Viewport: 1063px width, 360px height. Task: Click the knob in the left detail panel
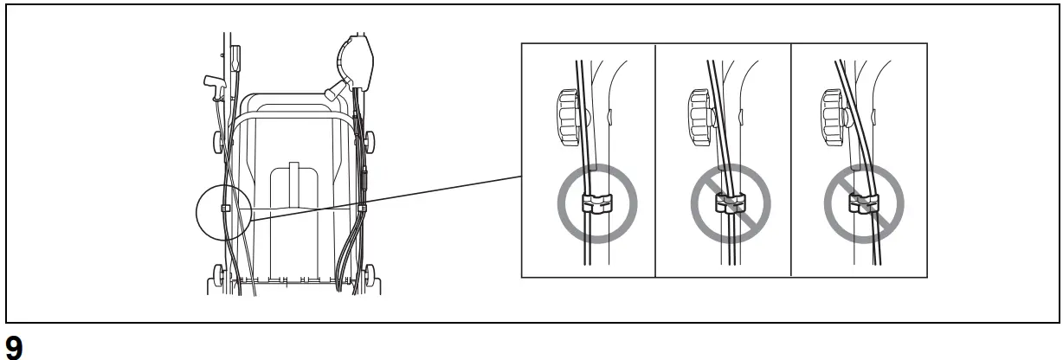(566, 115)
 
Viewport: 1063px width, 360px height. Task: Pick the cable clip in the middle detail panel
(730, 205)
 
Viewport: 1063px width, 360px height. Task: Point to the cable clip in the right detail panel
(863, 205)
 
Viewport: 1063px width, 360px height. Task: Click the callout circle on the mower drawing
(223, 210)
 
